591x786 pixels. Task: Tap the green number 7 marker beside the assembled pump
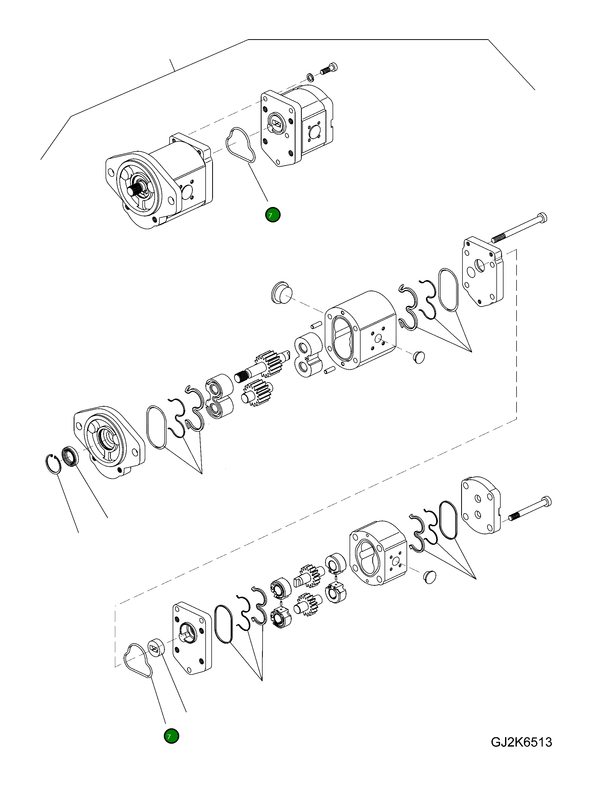[273, 215]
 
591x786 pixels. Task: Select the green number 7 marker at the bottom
[171, 736]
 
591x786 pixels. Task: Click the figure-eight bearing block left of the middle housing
[307, 355]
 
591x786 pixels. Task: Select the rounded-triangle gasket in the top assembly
[240, 146]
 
